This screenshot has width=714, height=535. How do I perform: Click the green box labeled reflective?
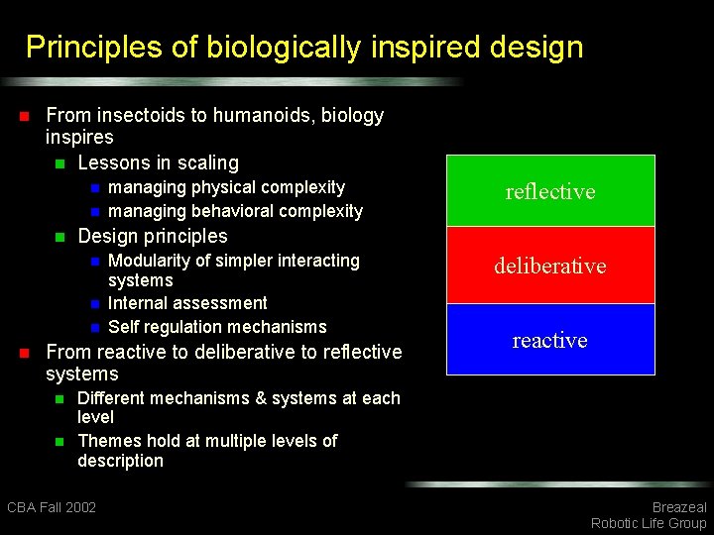[x=550, y=191]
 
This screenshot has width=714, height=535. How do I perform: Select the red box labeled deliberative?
[x=550, y=266]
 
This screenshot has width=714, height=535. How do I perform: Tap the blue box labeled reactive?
[x=550, y=340]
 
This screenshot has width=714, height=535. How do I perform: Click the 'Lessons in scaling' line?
[x=158, y=162]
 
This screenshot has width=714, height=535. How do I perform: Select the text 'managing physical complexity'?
[x=226, y=187]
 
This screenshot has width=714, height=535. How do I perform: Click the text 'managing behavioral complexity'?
[x=235, y=211]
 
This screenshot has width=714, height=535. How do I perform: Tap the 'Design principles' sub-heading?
[x=152, y=236]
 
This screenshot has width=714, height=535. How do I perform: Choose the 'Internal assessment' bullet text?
[x=187, y=303]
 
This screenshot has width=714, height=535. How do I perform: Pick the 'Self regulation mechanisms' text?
[x=217, y=327]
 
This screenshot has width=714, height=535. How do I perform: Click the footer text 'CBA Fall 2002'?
[x=52, y=507]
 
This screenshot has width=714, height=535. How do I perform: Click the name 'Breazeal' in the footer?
[x=679, y=507]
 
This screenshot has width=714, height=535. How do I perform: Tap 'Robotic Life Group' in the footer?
[x=649, y=523]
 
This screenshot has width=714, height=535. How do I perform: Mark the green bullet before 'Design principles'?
[x=59, y=237]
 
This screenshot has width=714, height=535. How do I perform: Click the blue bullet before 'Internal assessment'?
[x=94, y=304]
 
